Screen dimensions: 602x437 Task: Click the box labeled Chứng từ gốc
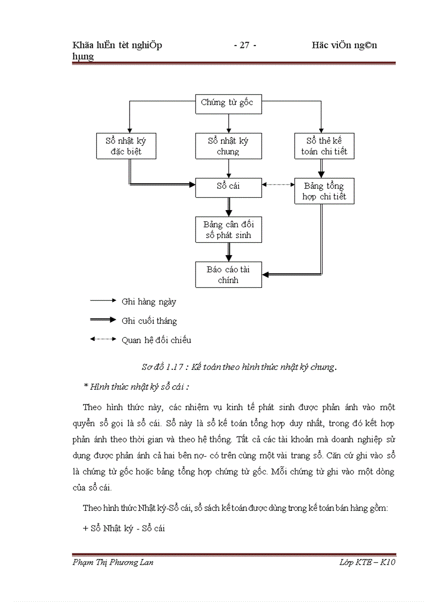[228, 103]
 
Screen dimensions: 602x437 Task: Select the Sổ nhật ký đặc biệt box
[126, 146]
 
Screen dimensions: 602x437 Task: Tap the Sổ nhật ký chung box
[228, 146]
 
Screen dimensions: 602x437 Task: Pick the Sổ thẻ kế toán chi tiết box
[325, 146]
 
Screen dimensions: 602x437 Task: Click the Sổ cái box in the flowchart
[228, 186]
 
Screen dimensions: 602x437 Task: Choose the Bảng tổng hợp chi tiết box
[325, 191]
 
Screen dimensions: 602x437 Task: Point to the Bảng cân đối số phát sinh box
[228, 229]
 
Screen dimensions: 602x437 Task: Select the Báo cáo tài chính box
[228, 274]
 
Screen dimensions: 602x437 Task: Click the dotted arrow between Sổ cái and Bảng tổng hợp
[278, 184]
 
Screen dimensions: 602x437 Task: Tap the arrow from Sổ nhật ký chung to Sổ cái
[229, 168]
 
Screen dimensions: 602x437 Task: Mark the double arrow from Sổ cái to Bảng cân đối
[229, 206]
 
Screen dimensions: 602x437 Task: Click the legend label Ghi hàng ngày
[149, 302]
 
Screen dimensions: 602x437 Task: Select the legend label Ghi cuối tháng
[149, 321]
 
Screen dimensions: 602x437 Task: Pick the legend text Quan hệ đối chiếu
[156, 340]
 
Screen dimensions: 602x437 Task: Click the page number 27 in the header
[245, 46]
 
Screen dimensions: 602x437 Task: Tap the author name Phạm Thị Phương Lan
[112, 562]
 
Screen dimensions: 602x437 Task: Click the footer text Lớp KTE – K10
[367, 562]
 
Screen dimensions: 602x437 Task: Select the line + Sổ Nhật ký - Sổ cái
[124, 528]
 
